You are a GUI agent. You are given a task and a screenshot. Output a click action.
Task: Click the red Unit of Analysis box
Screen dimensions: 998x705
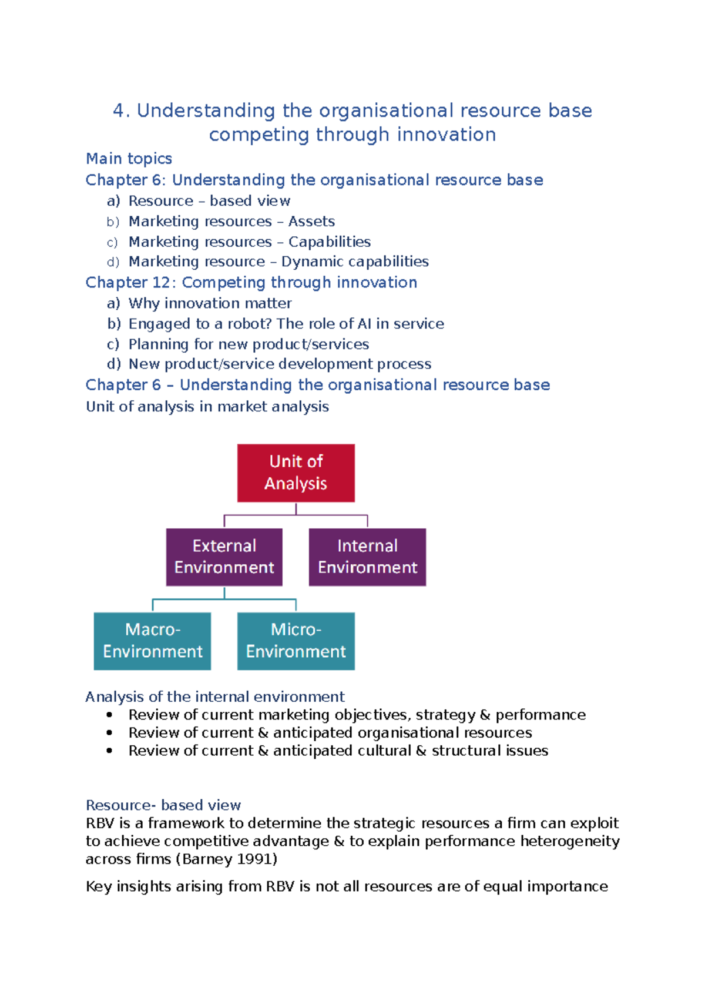(296, 473)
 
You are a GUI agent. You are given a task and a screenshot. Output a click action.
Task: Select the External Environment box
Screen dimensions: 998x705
(224, 557)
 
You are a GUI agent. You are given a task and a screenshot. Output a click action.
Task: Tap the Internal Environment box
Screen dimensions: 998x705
(367, 557)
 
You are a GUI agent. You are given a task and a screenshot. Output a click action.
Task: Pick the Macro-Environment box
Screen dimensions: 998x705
(152, 641)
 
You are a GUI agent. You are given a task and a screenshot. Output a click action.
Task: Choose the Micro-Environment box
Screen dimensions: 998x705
(296, 641)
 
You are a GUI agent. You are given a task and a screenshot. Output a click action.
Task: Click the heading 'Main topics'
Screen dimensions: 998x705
(129, 159)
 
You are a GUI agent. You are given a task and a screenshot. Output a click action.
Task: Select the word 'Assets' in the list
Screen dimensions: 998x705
(311, 222)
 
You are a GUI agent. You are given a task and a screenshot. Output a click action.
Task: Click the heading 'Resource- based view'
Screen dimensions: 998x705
(163, 805)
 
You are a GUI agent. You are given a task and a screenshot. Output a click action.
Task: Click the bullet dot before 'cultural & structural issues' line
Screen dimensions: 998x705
(109, 751)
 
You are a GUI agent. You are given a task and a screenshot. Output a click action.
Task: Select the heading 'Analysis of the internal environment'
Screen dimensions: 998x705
(215, 696)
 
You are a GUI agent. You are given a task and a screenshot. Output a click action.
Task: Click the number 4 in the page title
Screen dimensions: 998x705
(119, 110)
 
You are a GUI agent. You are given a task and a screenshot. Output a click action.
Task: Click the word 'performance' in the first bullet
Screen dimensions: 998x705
(540, 715)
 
